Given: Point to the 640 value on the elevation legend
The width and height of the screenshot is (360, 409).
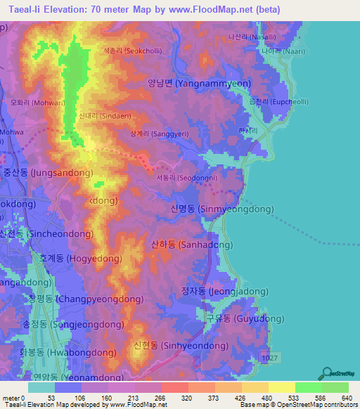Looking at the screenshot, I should point(345,397).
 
